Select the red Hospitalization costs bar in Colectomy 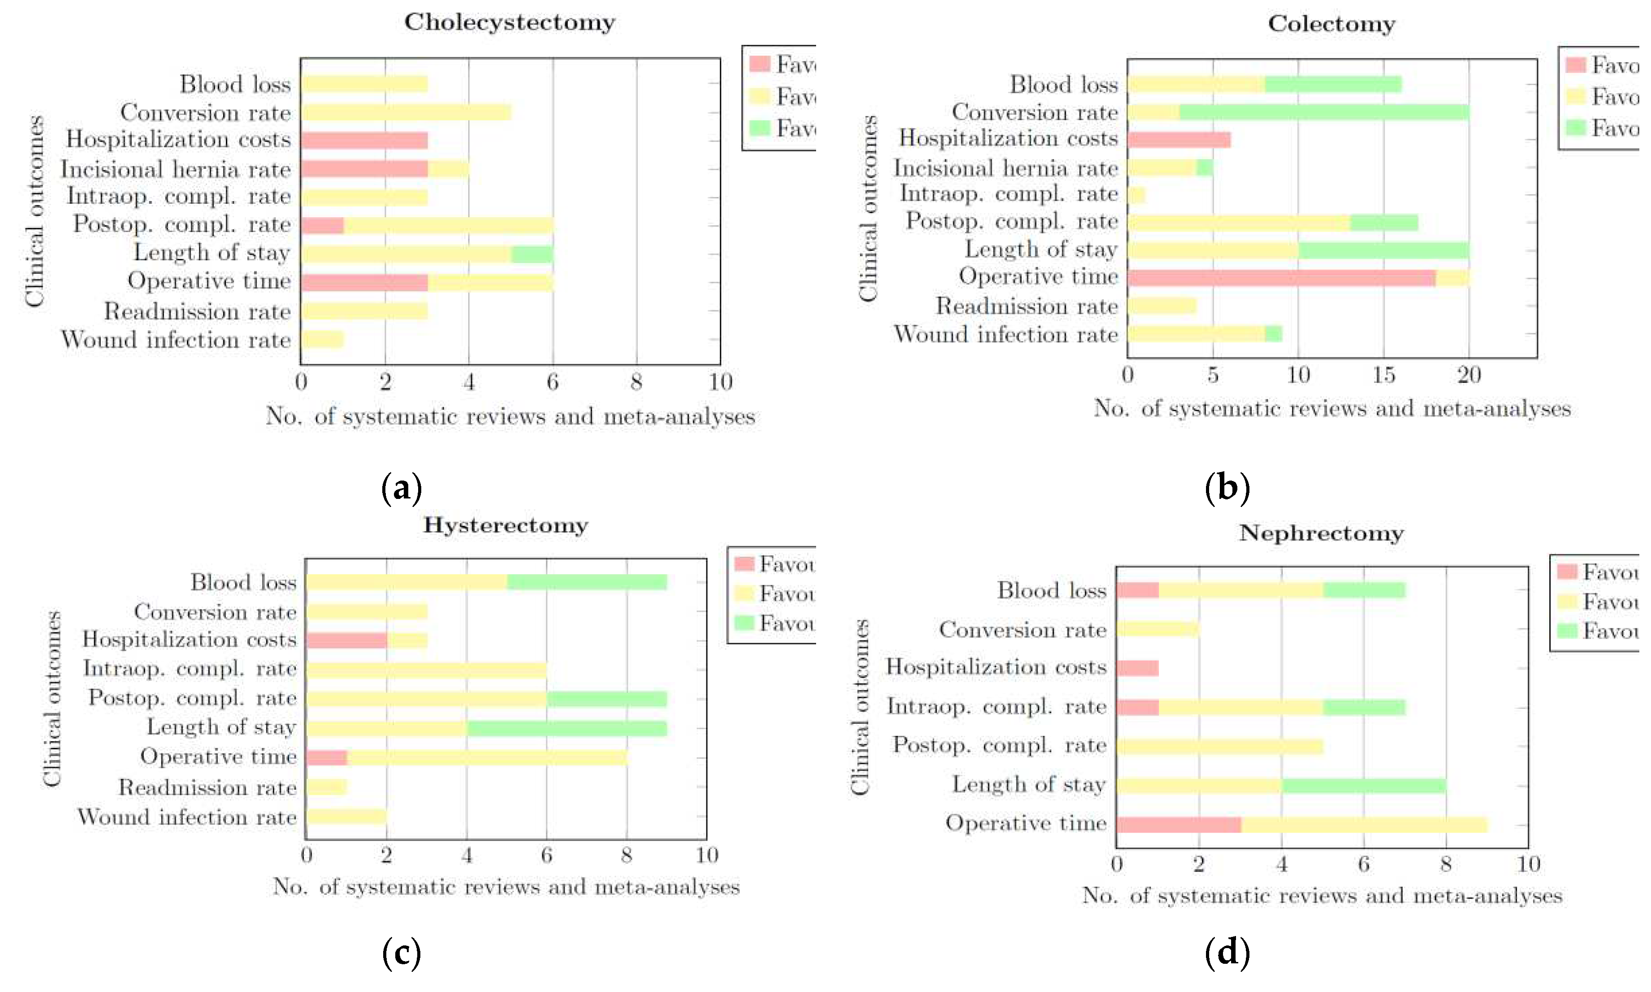coord(1178,140)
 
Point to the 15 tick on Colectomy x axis coord(1383,375)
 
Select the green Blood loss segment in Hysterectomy coord(587,582)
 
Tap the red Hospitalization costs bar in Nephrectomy coord(1137,668)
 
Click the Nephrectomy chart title coord(1321,533)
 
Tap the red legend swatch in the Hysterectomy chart coord(743,563)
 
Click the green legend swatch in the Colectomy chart coord(1575,127)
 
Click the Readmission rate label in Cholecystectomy coord(197,312)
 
